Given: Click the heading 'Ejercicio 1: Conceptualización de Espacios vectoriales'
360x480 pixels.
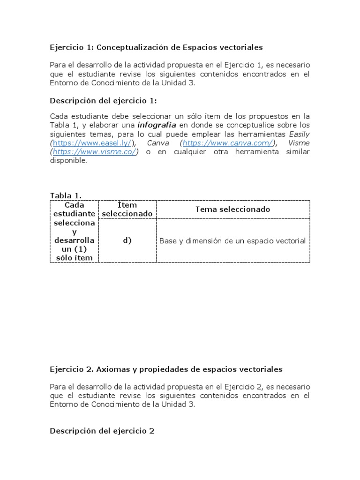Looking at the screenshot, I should pyautogui.click(x=156, y=47).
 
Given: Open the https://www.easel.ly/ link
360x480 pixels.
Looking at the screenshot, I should pyautogui.click(x=91, y=143).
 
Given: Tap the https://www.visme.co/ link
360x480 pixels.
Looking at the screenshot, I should pyautogui.click(x=95, y=152).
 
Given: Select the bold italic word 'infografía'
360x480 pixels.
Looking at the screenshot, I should pyautogui.click(x=157, y=125).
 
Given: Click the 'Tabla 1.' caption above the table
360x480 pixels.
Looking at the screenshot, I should pyautogui.click(x=66, y=195).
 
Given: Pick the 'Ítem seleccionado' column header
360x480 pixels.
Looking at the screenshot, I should pyautogui.click(x=127, y=209).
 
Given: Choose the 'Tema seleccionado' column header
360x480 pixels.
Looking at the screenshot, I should pyautogui.click(x=232, y=209).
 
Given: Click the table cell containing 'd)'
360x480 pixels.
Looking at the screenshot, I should pyautogui.click(x=127, y=240).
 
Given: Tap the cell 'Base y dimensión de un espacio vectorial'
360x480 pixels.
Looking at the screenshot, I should pyautogui.click(x=232, y=241).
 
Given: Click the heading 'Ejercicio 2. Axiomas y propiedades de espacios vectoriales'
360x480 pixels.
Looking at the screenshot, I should pyautogui.click(x=166, y=369).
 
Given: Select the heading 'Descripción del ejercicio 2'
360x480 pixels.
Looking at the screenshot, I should pyautogui.click(x=102, y=431).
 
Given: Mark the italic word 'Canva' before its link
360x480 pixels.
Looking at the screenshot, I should pyautogui.click(x=157, y=143).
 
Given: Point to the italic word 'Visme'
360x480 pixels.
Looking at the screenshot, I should pyautogui.click(x=299, y=143).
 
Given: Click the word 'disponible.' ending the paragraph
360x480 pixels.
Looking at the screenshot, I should pyautogui.click(x=69, y=160).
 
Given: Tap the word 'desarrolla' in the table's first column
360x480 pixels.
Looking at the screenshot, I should pyautogui.click(x=74, y=240).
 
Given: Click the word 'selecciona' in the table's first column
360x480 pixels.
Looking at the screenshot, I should pyautogui.click(x=74, y=223).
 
